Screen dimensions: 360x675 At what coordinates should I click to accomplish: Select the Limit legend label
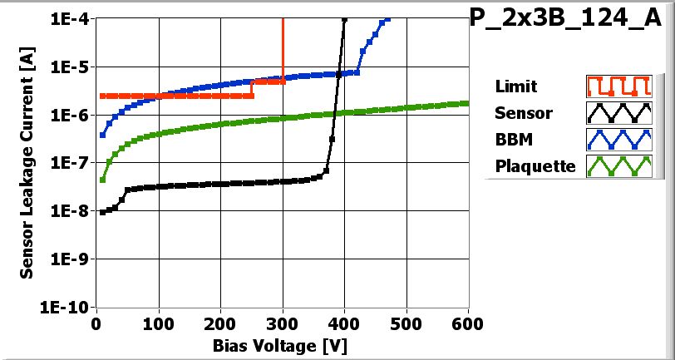pyautogui.click(x=515, y=86)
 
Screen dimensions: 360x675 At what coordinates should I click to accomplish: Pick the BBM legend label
pyautogui.click(x=512, y=140)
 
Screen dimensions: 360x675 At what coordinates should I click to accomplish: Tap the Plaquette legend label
pyautogui.click(x=535, y=166)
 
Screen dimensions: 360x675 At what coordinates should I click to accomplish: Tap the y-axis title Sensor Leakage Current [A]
pyautogui.click(x=27, y=162)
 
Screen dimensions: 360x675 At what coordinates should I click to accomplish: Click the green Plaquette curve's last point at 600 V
pyautogui.click(x=468, y=103)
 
